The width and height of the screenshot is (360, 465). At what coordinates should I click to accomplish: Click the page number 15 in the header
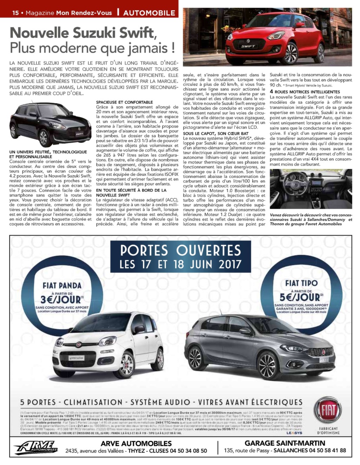[15, 13]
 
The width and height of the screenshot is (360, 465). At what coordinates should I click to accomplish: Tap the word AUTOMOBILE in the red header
[149, 13]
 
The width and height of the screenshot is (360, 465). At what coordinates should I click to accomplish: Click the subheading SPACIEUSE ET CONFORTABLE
[124, 102]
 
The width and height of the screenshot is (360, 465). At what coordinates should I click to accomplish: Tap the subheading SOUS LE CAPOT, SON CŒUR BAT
[216, 134]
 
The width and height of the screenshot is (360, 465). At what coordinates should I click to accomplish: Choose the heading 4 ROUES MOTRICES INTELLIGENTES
[305, 92]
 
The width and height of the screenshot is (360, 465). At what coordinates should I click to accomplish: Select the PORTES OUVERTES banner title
[180, 250]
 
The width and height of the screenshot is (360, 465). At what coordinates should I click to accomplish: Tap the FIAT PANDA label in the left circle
[62, 285]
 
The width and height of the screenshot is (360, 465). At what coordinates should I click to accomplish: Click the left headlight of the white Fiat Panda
[59, 342]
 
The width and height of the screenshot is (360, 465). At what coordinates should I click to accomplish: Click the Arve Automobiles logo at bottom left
[36, 447]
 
